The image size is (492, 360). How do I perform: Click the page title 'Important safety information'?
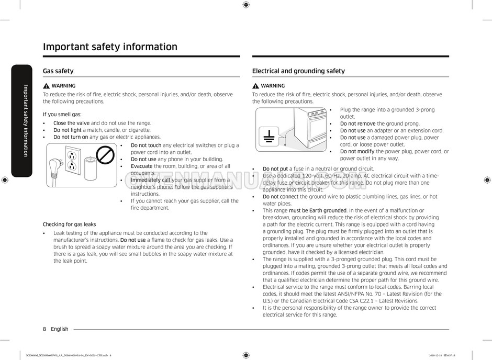click(110, 47)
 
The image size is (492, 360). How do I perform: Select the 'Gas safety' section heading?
click(58, 71)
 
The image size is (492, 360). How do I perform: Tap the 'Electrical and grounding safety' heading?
click(298, 71)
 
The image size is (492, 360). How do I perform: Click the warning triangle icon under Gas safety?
click(47, 86)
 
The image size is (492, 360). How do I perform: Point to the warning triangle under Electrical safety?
click(255, 86)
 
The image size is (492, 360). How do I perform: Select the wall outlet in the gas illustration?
click(72, 161)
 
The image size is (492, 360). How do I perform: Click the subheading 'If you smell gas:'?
click(62, 115)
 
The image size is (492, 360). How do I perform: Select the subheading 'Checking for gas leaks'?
click(69, 224)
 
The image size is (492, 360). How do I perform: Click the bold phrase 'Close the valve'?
click(72, 123)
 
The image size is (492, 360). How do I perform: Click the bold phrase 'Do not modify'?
click(357, 152)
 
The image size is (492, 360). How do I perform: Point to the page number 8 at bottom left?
click(44, 329)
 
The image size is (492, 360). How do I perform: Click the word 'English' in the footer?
click(60, 329)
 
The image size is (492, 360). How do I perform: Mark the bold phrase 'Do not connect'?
click(281, 197)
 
